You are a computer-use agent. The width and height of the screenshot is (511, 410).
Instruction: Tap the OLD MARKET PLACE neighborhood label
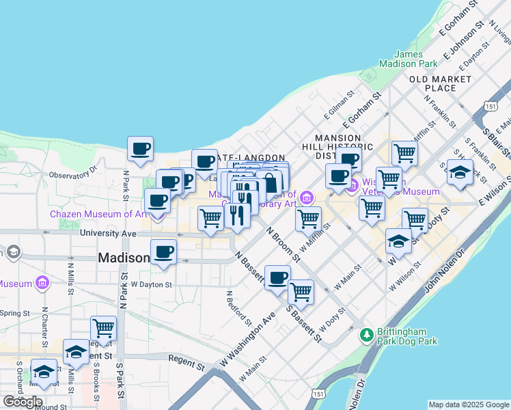point(441,83)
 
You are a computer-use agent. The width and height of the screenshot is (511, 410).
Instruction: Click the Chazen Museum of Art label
point(98,214)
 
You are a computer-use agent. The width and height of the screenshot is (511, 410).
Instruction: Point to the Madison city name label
point(124,258)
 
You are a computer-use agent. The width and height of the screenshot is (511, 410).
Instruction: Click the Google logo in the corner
point(23,402)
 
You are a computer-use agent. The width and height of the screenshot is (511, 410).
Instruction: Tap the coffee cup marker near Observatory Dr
point(140,149)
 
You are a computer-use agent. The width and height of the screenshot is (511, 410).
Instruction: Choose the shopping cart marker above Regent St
point(103,328)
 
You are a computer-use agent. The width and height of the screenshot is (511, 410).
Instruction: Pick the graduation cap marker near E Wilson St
point(460,173)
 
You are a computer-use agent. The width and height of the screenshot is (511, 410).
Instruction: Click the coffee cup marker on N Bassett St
point(277,278)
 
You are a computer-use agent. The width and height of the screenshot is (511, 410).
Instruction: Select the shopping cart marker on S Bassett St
point(301,292)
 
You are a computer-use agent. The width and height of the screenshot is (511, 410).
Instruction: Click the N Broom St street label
point(283,244)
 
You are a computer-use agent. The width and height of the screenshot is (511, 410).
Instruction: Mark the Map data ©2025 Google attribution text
point(468,404)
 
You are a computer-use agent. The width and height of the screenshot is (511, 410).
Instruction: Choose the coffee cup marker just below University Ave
point(163,252)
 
